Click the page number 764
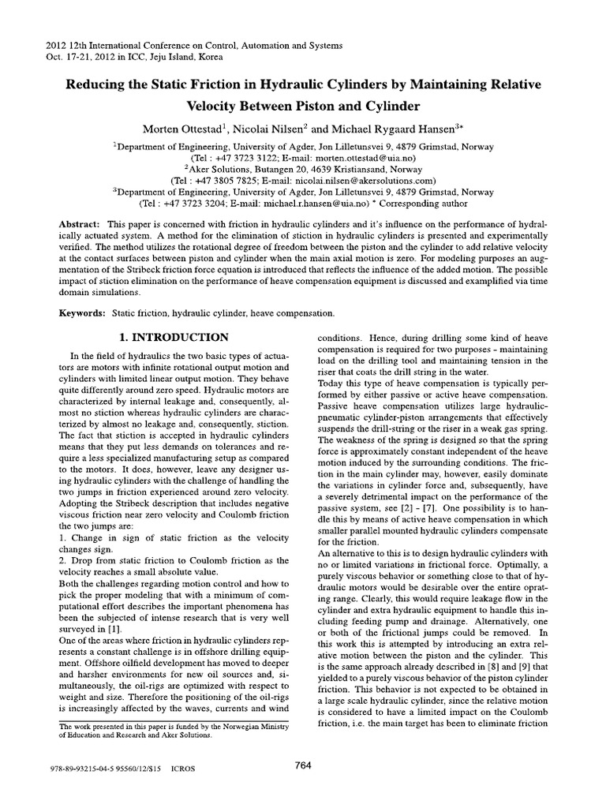[x=304, y=764]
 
